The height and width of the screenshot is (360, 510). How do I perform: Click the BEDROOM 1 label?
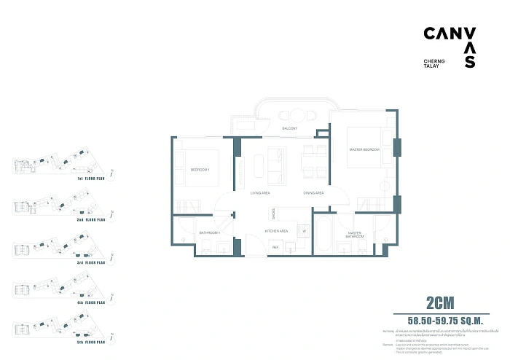[x=200, y=170]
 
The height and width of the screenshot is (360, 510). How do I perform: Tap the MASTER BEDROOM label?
[x=364, y=149]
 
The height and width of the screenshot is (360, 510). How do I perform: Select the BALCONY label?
[x=289, y=128]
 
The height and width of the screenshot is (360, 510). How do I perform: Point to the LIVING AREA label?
[x=260, y=193]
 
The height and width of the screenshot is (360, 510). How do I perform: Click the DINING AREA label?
[x=314, y=193]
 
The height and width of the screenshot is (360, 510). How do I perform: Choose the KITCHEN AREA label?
[x=276, y=231]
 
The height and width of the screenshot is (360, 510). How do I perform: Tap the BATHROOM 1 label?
[x=209, y=232]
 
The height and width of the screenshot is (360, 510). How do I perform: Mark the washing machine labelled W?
[x=304, y=231]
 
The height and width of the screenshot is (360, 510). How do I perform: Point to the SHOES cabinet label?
[x=273, y=214]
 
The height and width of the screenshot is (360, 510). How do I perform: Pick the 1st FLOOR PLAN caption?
[x=91, y=178]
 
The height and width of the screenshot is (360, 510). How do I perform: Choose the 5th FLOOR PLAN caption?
[x=91, y=341]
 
